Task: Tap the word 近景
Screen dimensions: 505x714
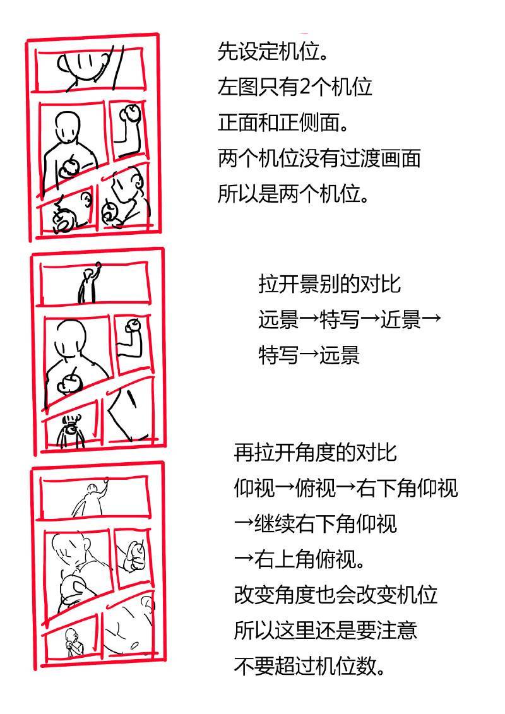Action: click(401, 319)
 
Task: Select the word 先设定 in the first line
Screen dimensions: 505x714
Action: click(247, 51)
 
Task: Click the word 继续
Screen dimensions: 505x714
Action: click(274, 523)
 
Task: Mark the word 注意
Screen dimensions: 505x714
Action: click(396, 630)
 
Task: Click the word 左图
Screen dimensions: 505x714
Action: click(238, 86)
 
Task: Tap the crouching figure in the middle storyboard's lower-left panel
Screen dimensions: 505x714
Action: click(71, 431)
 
